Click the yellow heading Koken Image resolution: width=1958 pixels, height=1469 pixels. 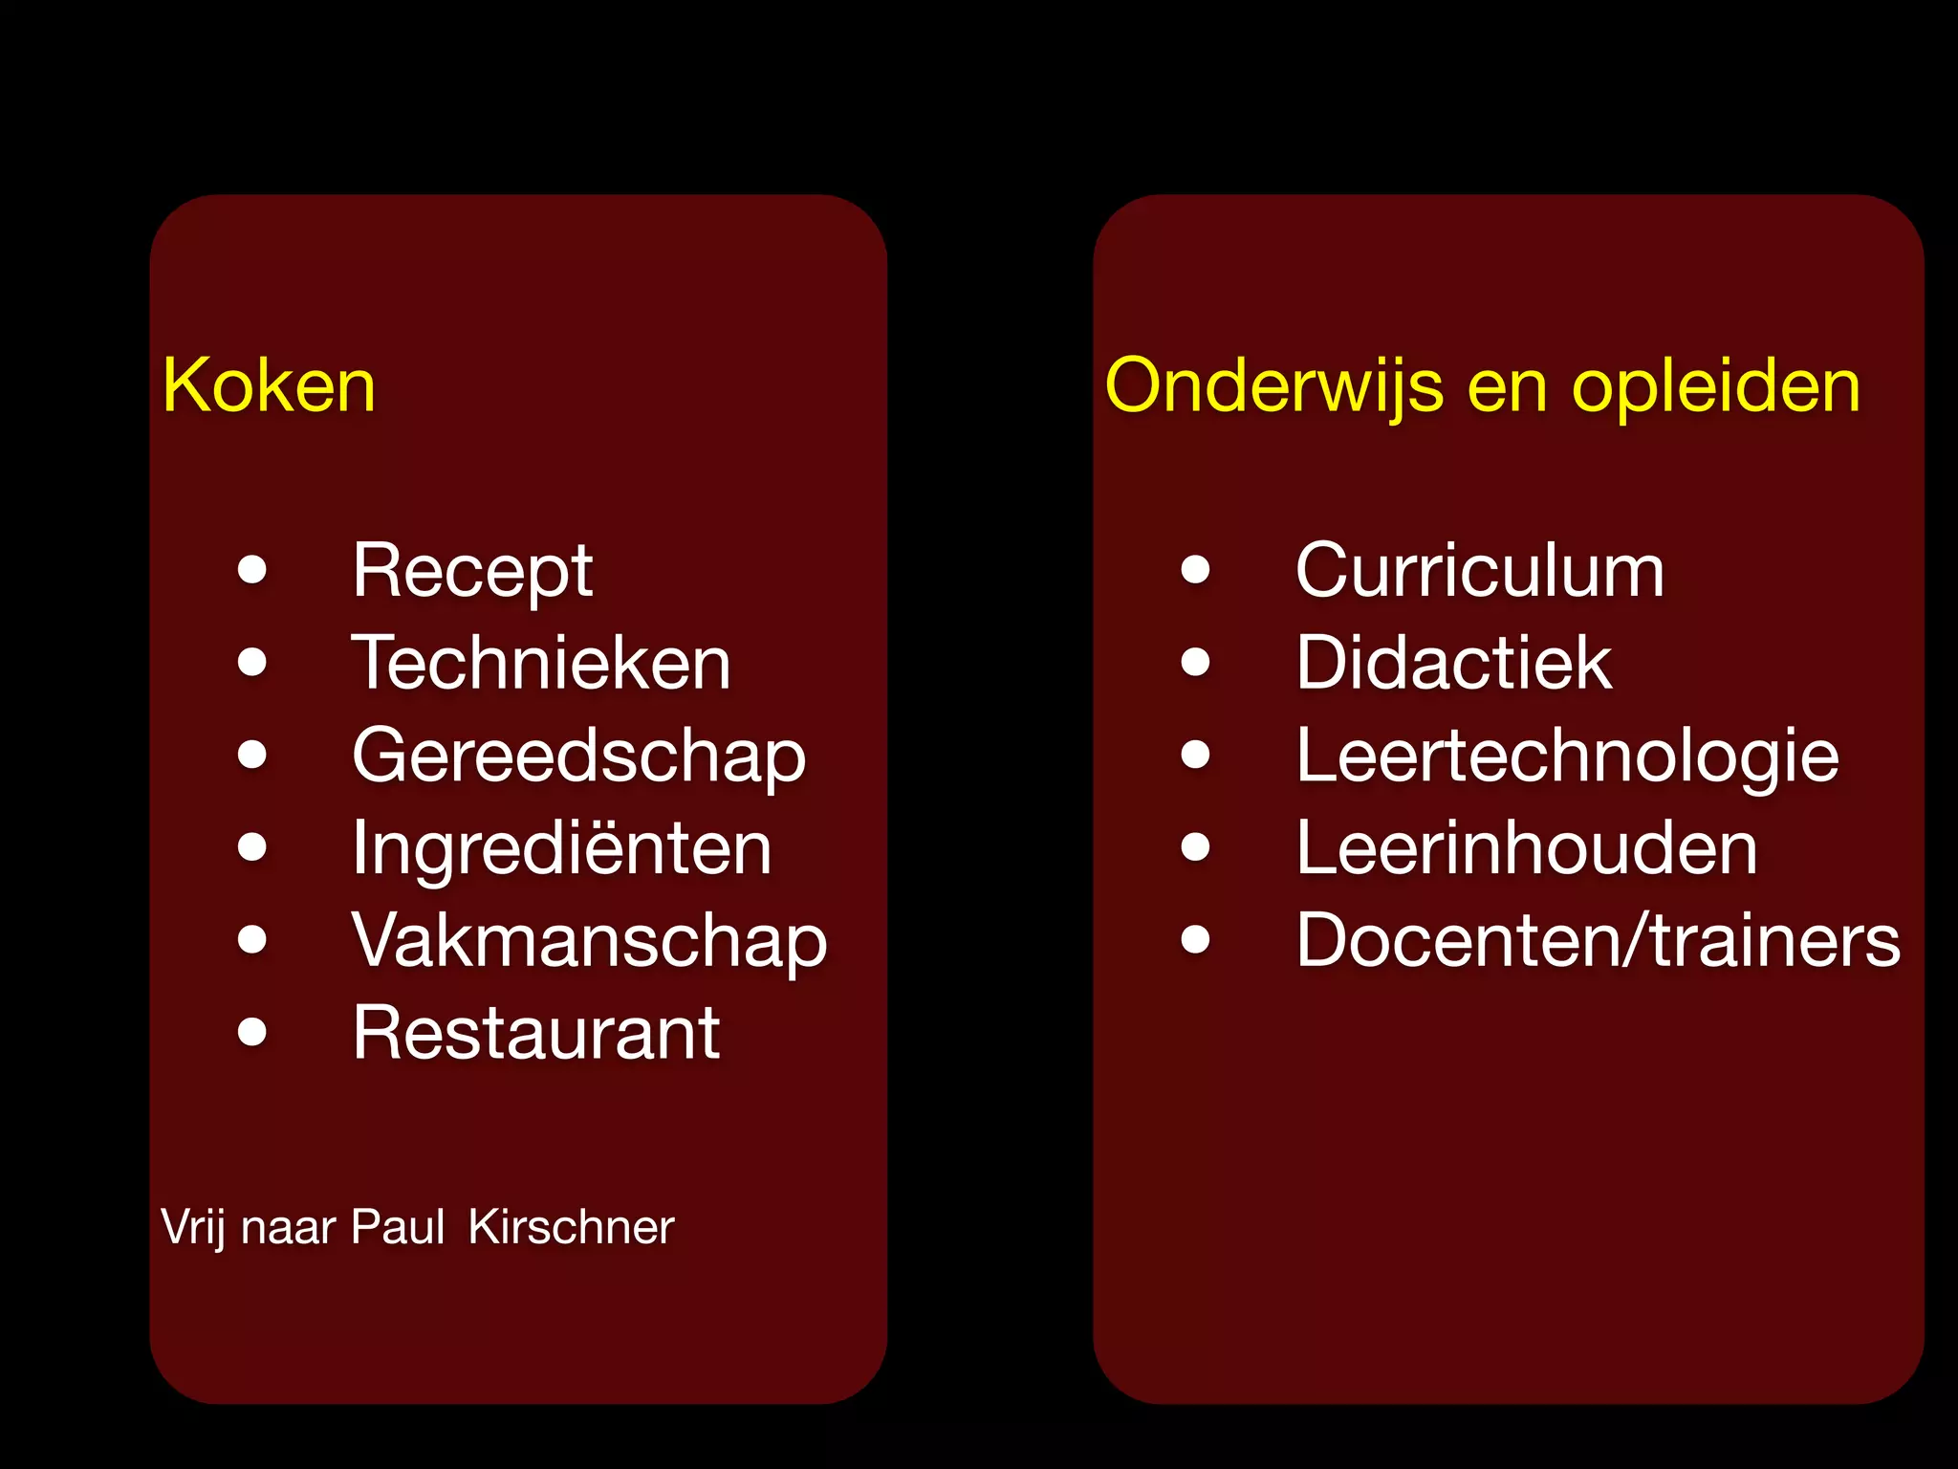pyautogui.click(x=269, y=385)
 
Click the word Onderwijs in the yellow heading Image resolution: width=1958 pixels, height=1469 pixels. pyautogui.click(x=1273, y=387)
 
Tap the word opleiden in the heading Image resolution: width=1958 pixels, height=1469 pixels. pyautogui.click(x=1716, y=387)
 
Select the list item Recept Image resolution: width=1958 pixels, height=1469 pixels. pyautogui.click(x=472, y=572)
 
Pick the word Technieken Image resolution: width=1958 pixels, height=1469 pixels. pyautogui.click(x=541, y=663)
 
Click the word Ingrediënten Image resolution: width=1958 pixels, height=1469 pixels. pyautogui.click(x=561, y=848)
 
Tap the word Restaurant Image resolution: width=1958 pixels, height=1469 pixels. pyautogui.click(x=535, y=1033)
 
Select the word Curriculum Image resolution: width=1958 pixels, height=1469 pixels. pyautogui.click(x=1480, y=571)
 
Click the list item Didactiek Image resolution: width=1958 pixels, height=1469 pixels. pyautogui.click(x=1453, y=663)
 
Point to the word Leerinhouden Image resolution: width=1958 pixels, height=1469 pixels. pyautogui.click(x=1526, y=848)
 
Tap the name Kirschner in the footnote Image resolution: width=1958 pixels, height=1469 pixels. pyautogui.click(x=571, y=1227)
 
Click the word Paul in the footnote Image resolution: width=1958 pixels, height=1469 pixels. pyautogui.click(x=398, y=1227)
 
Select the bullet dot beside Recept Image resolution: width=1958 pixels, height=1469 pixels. pyautogui.click(x=252, y=570)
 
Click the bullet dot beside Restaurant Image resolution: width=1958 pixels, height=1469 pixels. pyautogui.click(x=252, y=1032)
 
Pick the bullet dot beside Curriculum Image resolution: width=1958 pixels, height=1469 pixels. pyautogui.click(x=1195, y=570)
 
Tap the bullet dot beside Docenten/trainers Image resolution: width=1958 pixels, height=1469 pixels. pyautogui.click(x=1195, y=939)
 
